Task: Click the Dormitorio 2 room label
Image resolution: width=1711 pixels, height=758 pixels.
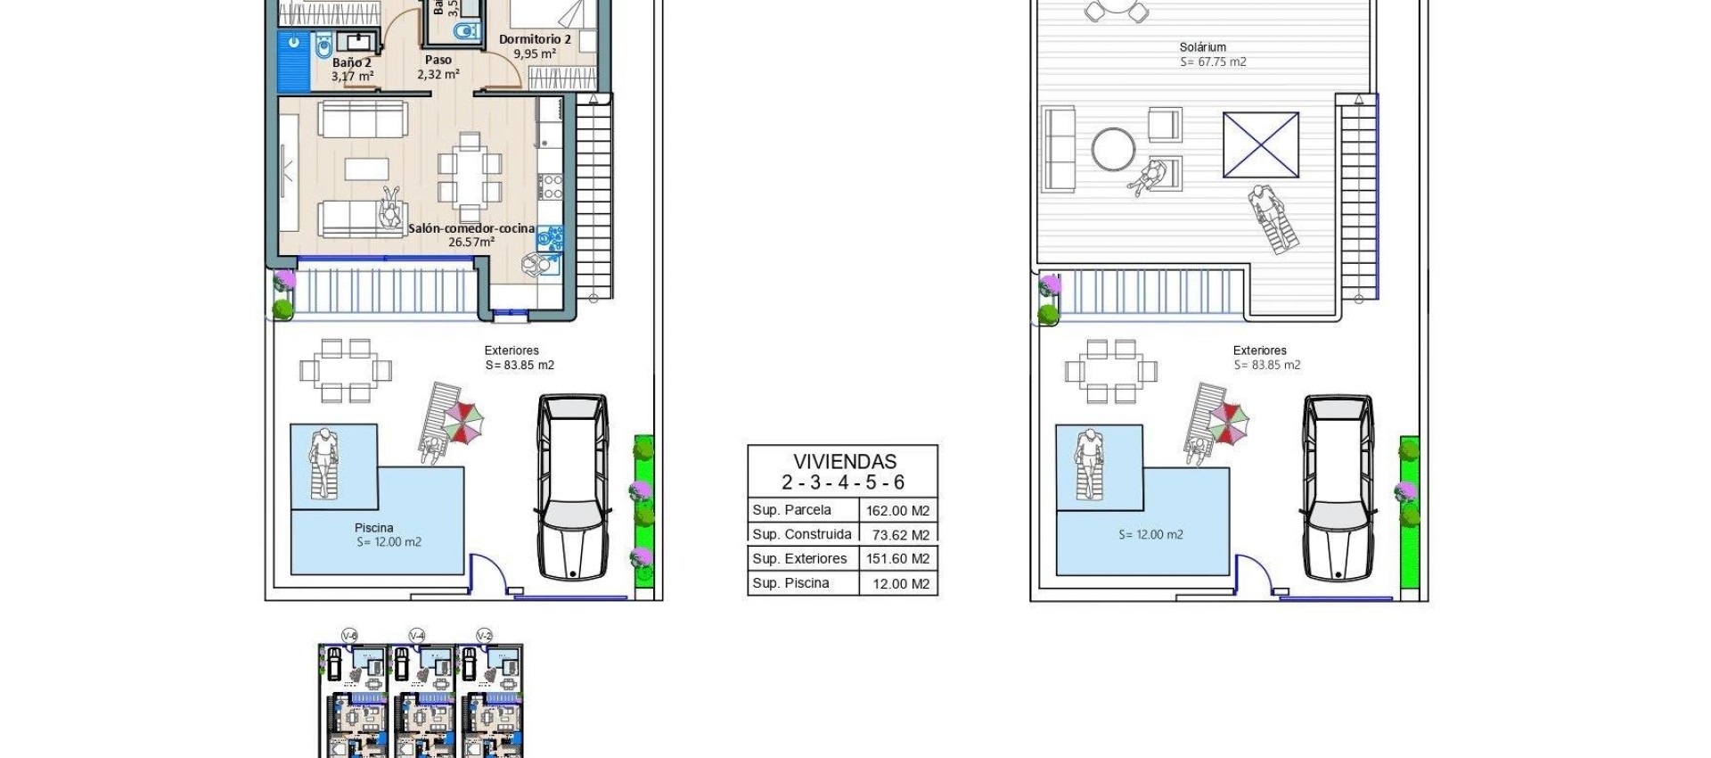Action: [x=535, y=39]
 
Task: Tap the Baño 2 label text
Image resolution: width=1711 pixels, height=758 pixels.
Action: [x=351, y=63]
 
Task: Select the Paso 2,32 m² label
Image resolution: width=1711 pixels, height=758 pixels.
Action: [x=438, y=68]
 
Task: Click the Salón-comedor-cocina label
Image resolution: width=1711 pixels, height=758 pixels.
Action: [x=471, y=229]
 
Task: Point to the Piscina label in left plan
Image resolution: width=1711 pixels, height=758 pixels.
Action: [x=373, y=528]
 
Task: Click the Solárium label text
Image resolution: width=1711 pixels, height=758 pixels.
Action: [x=1202, y=47]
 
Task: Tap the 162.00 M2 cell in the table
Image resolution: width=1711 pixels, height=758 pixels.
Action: [x=897, y=511]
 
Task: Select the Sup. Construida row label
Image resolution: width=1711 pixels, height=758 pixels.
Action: [x=801, y=534]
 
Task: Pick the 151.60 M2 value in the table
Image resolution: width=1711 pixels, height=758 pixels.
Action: [x=897, y=559]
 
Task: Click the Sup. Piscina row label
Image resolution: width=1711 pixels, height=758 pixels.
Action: [x=790, y=583]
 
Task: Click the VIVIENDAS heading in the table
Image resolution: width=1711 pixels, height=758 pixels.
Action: [x=844, y=462]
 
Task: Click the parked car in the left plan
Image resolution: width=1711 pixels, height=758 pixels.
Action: [x=572, y=487]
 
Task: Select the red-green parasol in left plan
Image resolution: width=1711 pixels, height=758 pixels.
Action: [x=463, y=422]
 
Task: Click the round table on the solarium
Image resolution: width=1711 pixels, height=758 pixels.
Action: [x=1113, y=150]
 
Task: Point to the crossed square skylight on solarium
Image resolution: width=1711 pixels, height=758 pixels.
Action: [x=1260, y=144]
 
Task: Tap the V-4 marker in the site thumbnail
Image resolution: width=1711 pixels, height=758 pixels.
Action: [x=417, y=635]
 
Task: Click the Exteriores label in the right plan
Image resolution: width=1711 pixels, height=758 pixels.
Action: [x=1259, y=350]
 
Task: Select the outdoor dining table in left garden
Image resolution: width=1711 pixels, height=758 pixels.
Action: [x=345, y=370]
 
